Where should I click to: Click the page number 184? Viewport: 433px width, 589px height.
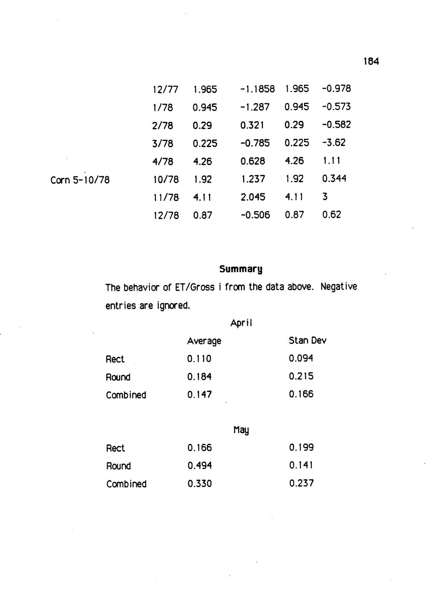tap(371, 61)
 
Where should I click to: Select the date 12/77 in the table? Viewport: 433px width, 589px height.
tap(165, 90)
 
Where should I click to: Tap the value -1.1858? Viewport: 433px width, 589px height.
tap(257, 89)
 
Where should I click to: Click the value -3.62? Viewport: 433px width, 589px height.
tap(334, 143)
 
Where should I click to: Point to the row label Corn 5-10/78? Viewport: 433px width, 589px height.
tap(80, 180)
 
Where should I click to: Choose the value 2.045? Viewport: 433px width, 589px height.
tap(253, 197)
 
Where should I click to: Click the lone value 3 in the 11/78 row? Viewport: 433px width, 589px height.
tap(325, 197)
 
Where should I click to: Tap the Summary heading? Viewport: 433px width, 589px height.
tap(240, 269)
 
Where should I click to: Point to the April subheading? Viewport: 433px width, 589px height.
tap(241, 323)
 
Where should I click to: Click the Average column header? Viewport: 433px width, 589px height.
tap(204, 341)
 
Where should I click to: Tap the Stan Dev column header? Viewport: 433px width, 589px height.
tap(307, 341)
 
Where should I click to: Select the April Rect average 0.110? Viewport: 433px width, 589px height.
tap(199, 359)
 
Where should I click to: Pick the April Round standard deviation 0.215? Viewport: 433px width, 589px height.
tap(301, 376)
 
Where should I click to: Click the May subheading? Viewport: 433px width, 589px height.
tap(241, 430)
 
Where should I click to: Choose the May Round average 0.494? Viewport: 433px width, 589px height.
tap(199, 466)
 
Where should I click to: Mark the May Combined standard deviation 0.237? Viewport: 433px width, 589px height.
tap(301, 484)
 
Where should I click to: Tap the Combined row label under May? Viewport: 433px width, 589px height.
tap(126, 484)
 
